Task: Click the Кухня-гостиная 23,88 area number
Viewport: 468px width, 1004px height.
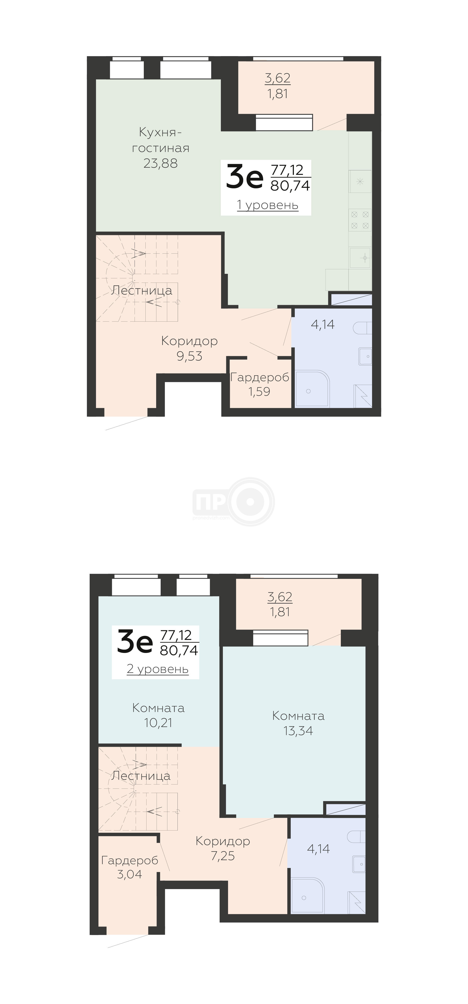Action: click(x=160, y=163)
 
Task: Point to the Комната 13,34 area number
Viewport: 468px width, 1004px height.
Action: click(x=298, y=731)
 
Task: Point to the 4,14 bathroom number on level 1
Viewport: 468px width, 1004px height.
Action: click(x=323, y=324)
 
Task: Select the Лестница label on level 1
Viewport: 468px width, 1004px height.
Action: click(x=142, y=290)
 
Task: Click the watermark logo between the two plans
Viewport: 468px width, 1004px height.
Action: click(x=233, y=502)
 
